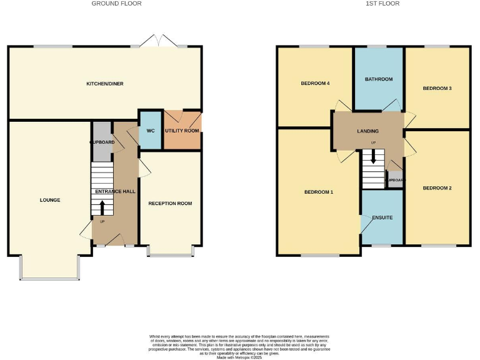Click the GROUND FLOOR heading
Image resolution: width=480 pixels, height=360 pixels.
coord(116,4)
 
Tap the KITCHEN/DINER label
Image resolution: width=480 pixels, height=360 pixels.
coord(104,84)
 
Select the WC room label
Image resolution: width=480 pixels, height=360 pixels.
coord(150,131)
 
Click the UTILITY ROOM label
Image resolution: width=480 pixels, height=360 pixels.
coord(182,131)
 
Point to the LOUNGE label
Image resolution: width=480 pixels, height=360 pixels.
coord(50,200)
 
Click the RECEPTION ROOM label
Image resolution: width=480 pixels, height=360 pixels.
coord(170,203)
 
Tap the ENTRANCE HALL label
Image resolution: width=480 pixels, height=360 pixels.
coord(114,191)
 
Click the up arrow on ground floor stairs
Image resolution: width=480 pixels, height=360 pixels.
coord(102,207)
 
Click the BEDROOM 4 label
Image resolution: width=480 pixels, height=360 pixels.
coord(315,83)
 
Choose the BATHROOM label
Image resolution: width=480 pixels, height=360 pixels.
coord(379,79)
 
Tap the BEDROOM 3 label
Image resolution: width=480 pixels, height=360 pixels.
coord(437,88)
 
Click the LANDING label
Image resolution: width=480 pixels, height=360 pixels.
coord(367,131)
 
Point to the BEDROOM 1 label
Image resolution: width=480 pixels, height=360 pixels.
coord(318,192)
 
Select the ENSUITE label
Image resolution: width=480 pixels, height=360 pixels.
coord(382,217)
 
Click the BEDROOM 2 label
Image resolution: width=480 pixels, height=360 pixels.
coord(437,187)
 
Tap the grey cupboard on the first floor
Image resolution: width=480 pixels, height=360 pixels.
coord(395,179)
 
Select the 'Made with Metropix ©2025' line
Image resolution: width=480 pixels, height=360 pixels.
coord(240,357)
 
